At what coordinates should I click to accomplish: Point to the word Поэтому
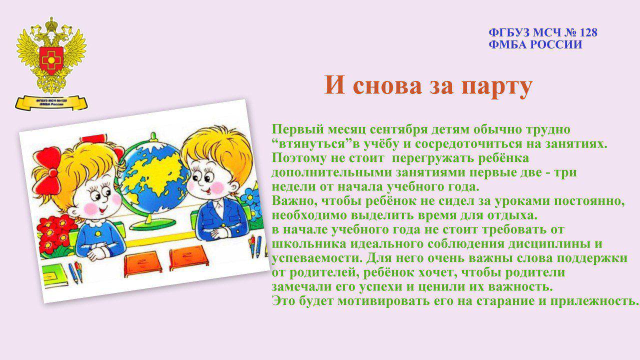coord(299,158)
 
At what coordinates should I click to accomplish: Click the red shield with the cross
coord(51,59)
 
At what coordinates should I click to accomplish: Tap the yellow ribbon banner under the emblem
coord(51,103)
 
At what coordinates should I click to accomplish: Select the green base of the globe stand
coord(153,224)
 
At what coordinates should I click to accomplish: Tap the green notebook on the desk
coord(55,275)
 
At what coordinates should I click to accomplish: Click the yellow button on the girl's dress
coord(98,233)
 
